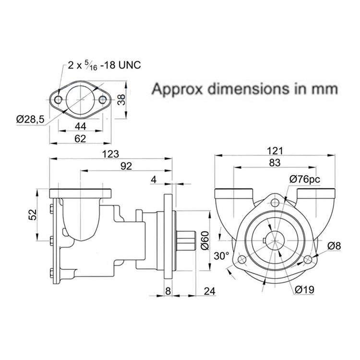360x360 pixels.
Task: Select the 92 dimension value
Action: click(126, 166)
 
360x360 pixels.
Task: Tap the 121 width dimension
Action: click(274, 150)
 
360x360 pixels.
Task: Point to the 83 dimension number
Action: click(274, 162)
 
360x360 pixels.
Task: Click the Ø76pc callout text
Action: click(304, 179)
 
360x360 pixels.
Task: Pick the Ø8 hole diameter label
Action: click(334, 246)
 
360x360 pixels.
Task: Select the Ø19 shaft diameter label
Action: click(304, 289)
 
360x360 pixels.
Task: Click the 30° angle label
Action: click(221, 256)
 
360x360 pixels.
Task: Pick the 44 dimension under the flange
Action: click(80, 126)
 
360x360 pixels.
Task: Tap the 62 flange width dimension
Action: click(80, 139)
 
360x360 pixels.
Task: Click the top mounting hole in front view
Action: click(275, 202)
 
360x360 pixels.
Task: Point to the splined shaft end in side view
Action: click(188, 242)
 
